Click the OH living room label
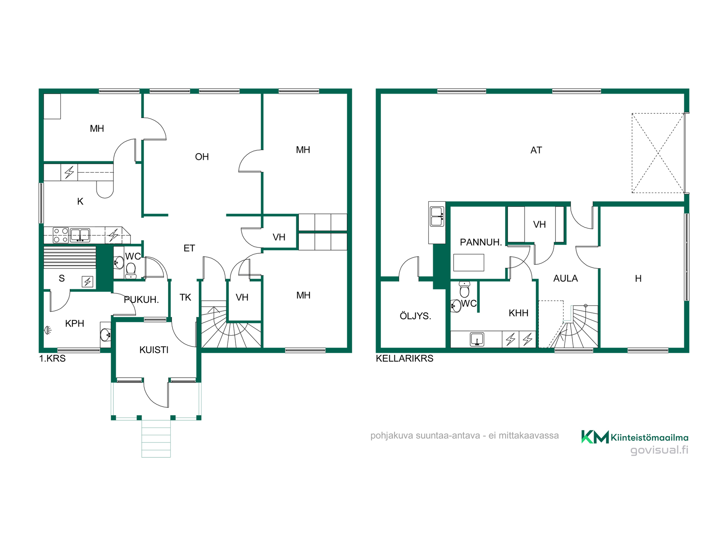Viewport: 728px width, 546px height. click(202, 157)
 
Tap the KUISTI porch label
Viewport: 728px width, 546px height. click(154, 350)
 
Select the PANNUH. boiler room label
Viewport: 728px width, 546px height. click(481, 242)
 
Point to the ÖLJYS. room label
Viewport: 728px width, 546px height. click(416, 316)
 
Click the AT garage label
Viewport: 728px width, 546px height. click(536, 150)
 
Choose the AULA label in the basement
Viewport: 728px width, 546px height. click(565, 278)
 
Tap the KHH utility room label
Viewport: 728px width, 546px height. click(518, 313)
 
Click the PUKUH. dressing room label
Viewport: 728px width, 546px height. click(141, 300)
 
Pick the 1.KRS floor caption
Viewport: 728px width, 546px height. click(52, 358)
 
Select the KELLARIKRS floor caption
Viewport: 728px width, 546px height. click(405, 358)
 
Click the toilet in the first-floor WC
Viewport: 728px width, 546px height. click(131, 270)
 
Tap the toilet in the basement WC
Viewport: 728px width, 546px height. click(464, 289)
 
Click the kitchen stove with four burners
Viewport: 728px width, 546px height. click(61, 235)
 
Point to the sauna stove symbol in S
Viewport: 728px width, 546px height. click(88, 282)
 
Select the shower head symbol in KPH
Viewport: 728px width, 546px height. click(48, 330)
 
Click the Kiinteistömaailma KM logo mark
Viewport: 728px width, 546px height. click(595, 437)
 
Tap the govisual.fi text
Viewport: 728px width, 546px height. click(659, 450)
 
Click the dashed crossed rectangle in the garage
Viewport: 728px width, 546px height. click(658, 153)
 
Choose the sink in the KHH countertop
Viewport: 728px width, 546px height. click(477, 339)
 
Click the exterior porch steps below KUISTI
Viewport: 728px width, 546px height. click(156, 438)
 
